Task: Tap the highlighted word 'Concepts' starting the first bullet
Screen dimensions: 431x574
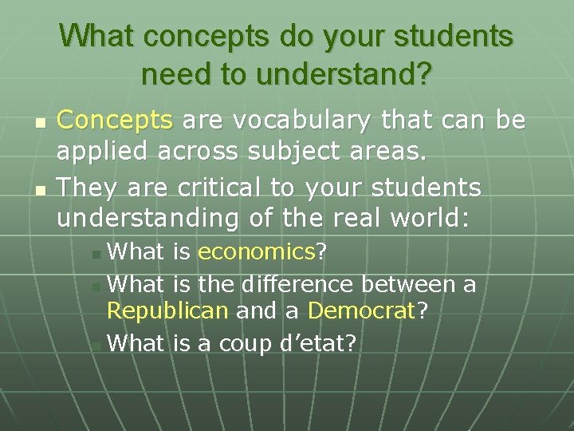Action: tap(116, 121)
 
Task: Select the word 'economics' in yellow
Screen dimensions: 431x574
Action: tap(257, 252)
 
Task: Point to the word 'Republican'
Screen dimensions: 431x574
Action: tap(167, 310)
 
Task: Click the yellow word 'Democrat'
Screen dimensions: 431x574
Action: tap(362, 310)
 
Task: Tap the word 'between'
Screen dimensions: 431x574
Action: tap(408, 283)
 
